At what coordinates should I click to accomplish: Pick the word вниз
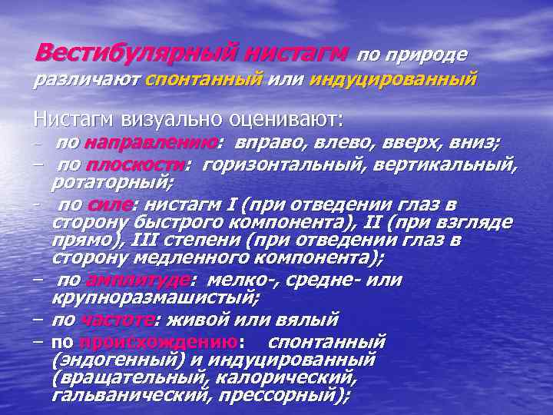[475, 143]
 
